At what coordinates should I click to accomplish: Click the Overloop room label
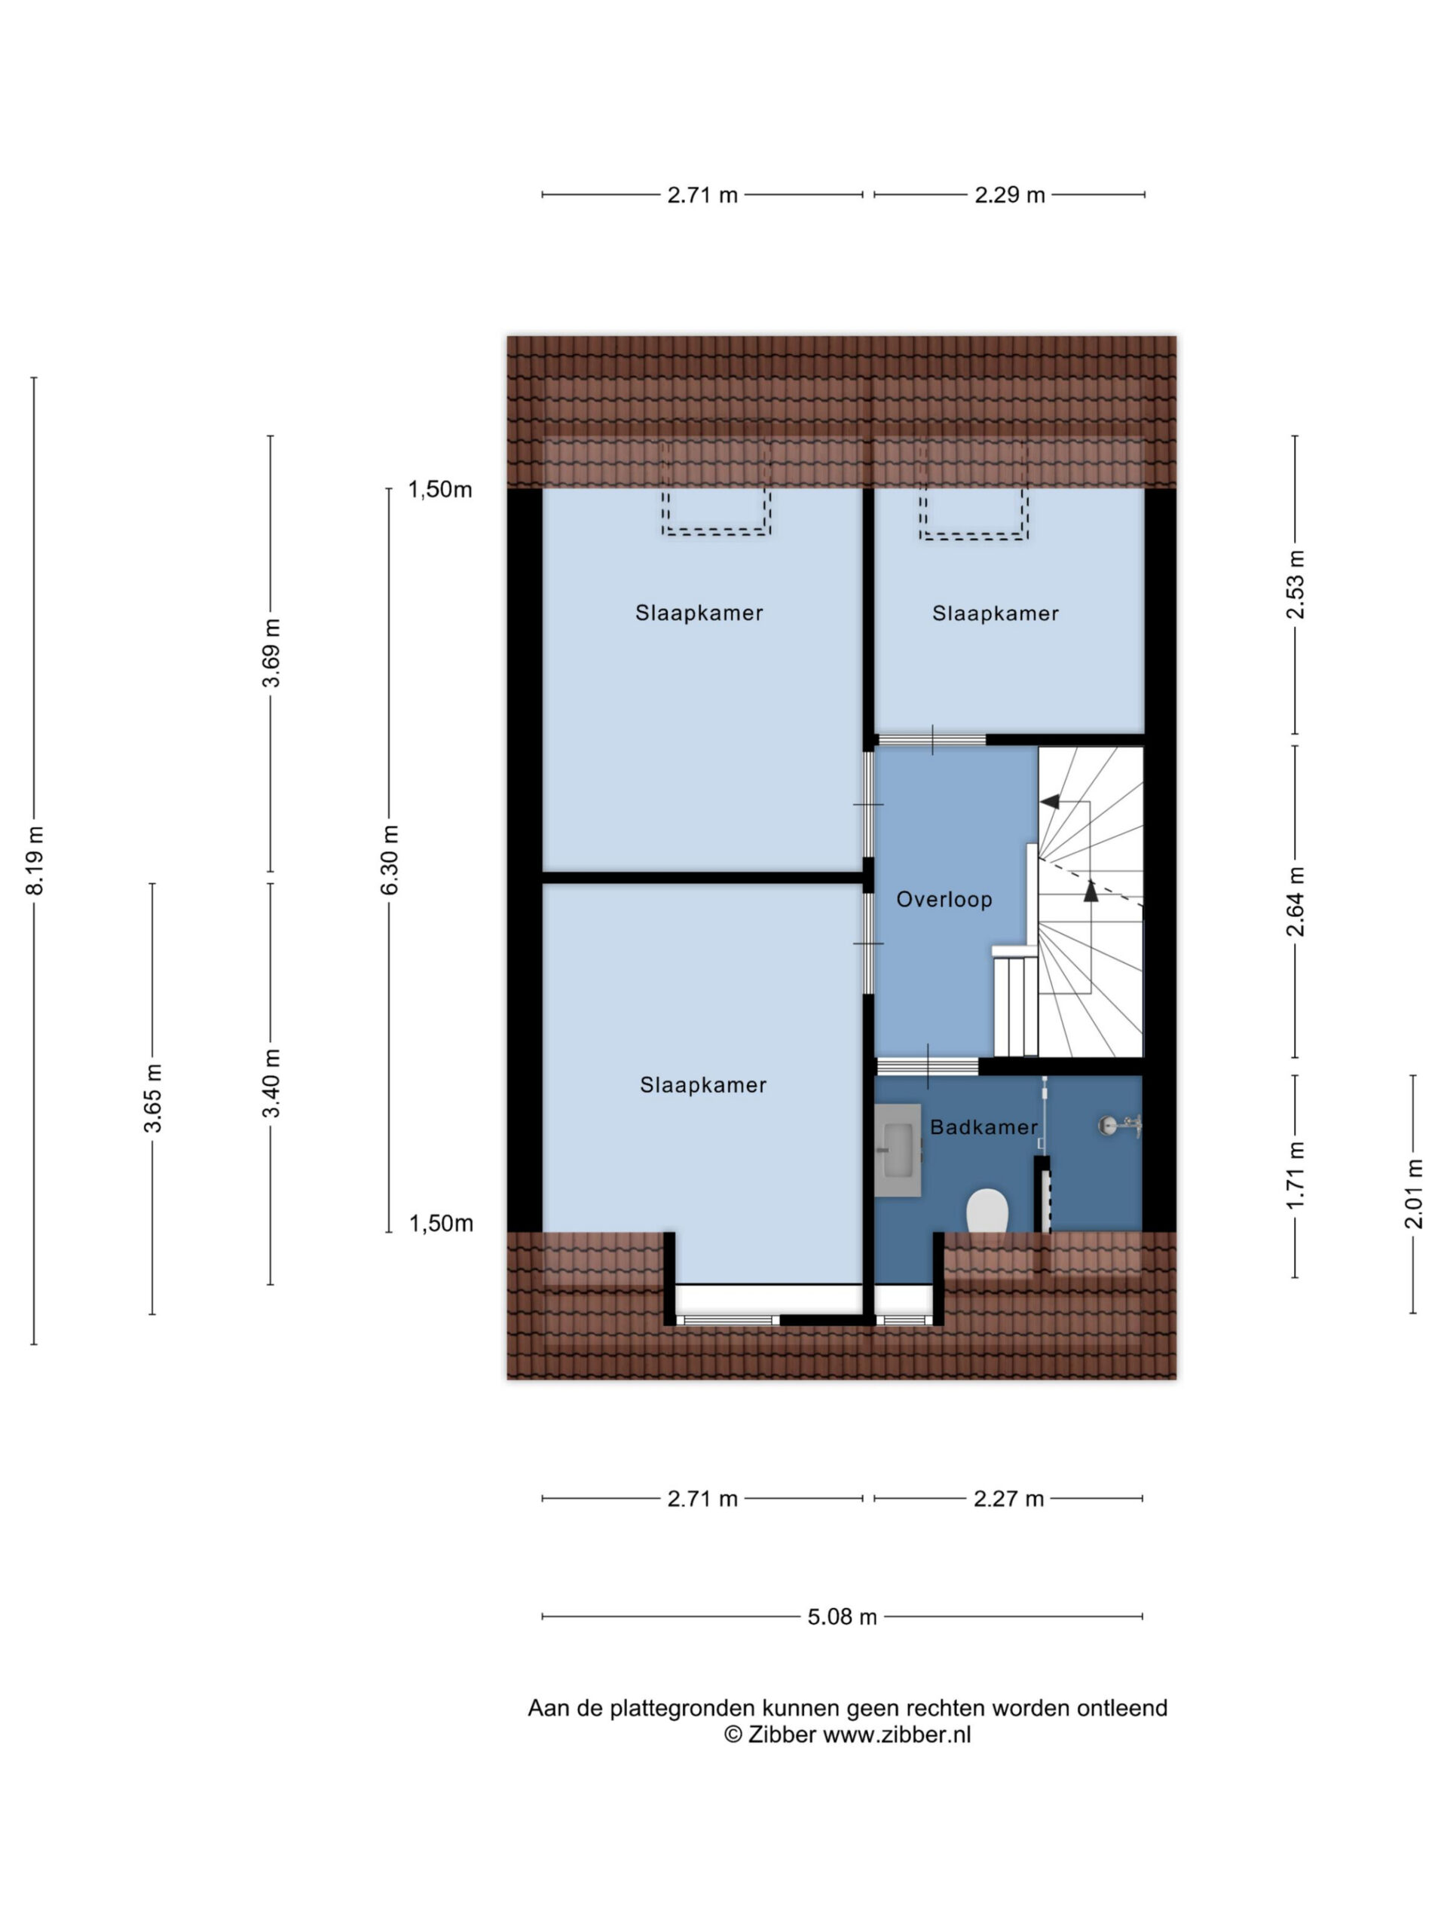coord(944,899)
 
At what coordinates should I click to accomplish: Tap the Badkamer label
coord(984,1127)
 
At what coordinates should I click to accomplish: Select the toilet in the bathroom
coord(987,1210)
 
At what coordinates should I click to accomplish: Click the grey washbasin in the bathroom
coord(898,1149)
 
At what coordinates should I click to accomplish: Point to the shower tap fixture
coord(1119,1126)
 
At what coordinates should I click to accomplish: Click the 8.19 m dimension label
coord(35,859)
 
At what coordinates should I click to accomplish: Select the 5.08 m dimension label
coord(842,1616)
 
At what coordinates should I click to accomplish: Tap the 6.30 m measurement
coord(390,859)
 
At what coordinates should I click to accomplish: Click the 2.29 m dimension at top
coord(1009,194)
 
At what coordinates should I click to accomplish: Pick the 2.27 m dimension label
coord(1008,1498)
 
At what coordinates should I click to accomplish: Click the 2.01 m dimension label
coord(1413,1193)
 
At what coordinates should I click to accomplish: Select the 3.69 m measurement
coord(271,653)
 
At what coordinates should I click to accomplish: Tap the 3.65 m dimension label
coord(153,1098)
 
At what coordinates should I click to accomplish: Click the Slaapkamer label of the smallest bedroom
coord(996,613)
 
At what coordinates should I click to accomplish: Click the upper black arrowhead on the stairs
coord(1050,800)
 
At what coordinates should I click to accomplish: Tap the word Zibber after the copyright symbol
coord(782,1734)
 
